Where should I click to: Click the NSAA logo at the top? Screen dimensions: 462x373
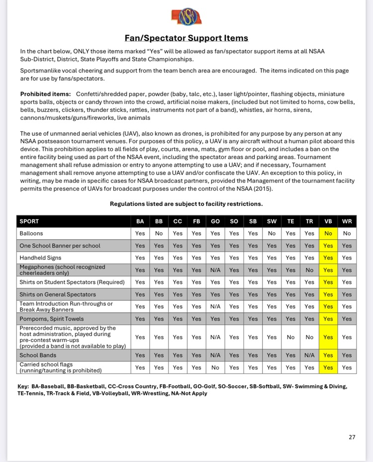pos(186,16)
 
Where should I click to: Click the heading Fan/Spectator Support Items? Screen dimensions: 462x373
pos(186,38)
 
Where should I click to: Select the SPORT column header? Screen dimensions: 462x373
pos(29,221)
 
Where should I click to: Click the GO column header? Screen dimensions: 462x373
pos(215,221)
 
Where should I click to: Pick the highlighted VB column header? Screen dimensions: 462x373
pos(328,221)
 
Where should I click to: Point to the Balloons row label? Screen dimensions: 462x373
pos(31,233)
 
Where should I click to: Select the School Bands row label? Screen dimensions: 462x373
pos(38,355)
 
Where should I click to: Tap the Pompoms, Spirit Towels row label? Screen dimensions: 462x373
pos(52,319)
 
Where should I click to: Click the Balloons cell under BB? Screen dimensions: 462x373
pos(159,233)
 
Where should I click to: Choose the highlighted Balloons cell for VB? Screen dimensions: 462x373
pos(328,233)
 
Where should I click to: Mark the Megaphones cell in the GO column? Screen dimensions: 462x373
pos(215,270)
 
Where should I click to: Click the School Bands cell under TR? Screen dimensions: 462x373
pos(309,355)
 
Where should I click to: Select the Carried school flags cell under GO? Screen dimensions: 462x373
pos(215,368)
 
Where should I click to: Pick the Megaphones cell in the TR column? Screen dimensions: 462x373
pos(309,270)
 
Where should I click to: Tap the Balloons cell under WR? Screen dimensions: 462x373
pos(347,233)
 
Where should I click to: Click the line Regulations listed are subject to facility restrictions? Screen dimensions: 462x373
pos(186,204)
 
